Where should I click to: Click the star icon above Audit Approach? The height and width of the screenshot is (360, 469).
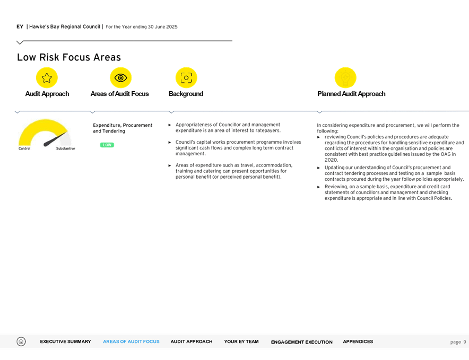coord(47,78)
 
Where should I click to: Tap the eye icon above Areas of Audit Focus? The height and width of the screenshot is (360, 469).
coord(120,78)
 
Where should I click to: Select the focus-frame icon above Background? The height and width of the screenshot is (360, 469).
coord(186,78)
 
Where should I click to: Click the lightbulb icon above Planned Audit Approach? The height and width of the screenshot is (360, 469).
coord(345,78)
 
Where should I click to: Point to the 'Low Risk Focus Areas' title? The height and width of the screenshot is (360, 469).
coord(69,57)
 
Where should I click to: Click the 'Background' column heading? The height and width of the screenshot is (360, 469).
coord(186,94)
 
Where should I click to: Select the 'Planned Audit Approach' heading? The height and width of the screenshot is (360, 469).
coord(351,94)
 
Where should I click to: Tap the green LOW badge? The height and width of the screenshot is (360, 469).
coord(107,145)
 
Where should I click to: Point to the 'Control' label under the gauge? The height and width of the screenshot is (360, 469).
coord(24,148)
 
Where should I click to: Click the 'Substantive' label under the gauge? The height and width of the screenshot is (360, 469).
coord(65,148)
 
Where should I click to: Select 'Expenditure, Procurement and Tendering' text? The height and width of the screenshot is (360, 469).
coord(123,128)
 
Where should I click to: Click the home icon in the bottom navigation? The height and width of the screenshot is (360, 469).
coord(21,341)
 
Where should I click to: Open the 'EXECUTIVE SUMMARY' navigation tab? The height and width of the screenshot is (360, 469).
coord(65,342)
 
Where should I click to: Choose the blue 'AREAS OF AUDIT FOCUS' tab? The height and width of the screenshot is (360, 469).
coord(131,342)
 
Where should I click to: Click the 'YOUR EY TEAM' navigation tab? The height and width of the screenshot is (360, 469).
coord(241,342)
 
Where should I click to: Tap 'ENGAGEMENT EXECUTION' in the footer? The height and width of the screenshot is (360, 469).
coord(301,342)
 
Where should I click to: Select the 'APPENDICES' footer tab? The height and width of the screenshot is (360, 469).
coord(358,342)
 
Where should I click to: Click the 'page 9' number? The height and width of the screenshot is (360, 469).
coord(458,342)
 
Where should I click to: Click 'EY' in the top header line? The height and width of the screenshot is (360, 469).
coord(20,26)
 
